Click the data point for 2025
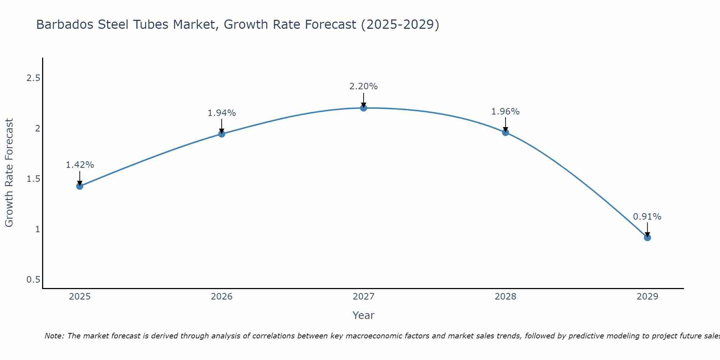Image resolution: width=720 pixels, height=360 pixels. (x=80, y=186)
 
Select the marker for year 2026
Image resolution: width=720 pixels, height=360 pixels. (x=222, y=134)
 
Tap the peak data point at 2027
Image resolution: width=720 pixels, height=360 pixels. (x=364, y=108)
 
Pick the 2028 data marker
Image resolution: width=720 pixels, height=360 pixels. (x=505, y=132)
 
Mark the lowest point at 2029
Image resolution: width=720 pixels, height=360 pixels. (x=647, y=238)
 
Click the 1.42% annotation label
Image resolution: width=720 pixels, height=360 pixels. (x=80, y=165)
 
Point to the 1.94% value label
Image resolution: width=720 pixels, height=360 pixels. (x=222, y=113)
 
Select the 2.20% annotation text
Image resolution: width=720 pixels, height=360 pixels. (x=364, y=86)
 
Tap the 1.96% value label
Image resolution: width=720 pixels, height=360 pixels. (x=505, y=112)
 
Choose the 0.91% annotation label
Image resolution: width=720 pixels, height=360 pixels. (x=647, y=217)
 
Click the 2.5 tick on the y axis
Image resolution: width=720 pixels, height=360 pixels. (x=33, y=78)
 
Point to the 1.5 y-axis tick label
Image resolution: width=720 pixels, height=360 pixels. (x=33, y=179)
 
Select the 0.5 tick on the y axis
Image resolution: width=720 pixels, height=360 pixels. (x=33, y=280)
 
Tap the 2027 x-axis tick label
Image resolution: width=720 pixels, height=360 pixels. (x=364, y=297)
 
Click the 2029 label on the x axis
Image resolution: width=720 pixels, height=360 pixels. (x=647, y=297)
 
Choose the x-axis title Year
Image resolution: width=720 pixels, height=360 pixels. (x=364, y=315)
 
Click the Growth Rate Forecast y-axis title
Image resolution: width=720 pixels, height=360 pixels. (x=9, y=173)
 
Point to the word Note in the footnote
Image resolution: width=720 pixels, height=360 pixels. (x=54, y=336)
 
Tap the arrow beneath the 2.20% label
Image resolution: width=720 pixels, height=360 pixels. (x=364, y=100)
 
